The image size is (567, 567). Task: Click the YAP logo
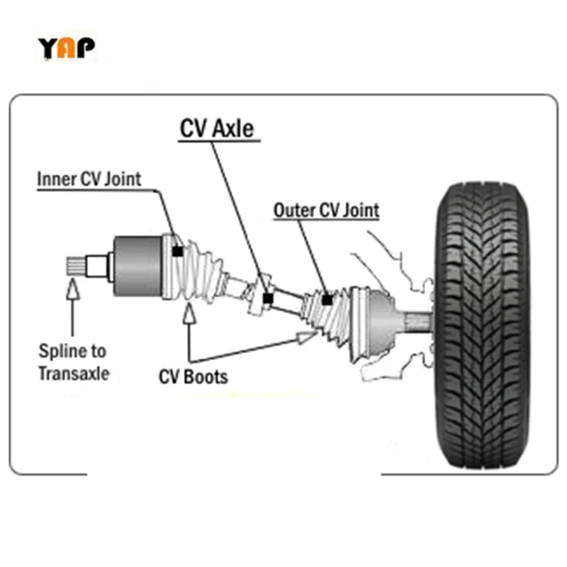coord(66,47)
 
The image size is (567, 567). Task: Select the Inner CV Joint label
coord(89,179)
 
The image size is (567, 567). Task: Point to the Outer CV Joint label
coord(326,210)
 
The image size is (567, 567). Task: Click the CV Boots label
coord(193,376)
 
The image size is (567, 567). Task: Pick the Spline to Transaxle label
coord(74,361)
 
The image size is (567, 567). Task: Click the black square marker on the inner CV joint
coord(177,251)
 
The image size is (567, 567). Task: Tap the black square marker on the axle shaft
coord(267,298)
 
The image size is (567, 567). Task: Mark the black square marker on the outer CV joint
coord(327,300)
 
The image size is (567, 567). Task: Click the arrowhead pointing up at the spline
coord(72,288)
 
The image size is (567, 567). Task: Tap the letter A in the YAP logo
coord(67,48)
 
